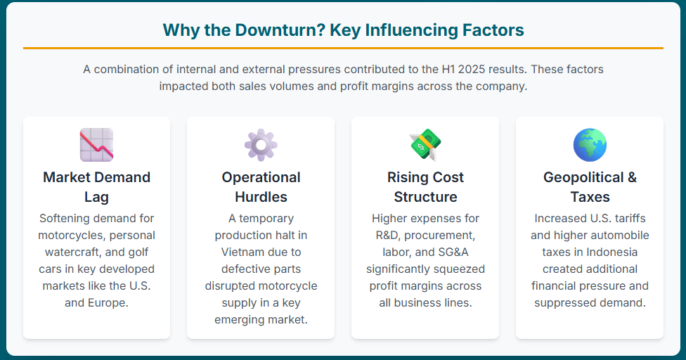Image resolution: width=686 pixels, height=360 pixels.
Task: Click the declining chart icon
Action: (x=97, y=145)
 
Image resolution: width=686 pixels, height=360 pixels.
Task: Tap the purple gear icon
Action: (x=261, y=145)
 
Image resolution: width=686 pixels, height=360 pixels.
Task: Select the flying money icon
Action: (x=425, y=145)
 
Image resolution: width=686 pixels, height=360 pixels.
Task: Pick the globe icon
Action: (x=590, y=145)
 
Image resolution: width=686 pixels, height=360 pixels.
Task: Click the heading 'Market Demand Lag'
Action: (x=97, y=187)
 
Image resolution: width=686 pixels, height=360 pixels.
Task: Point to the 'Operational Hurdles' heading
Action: (x=261, y=187)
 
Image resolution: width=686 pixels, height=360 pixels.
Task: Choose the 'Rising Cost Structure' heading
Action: (x=425, y=187)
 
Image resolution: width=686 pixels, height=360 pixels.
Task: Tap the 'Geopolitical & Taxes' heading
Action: (x=590, y=187)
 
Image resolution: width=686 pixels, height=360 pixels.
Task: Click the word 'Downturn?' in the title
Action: (x=280, y=30)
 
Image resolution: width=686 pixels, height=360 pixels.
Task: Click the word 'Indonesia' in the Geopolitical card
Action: (x=611, y=252)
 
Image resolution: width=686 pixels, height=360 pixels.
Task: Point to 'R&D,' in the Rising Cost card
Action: (x=389, y=236)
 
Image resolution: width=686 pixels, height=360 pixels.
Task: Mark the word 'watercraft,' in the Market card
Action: (x=73, y=252)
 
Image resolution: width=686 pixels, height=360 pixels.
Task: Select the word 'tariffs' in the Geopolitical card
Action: (x=630, y=218)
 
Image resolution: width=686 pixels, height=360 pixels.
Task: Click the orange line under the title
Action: (x=343, y=48)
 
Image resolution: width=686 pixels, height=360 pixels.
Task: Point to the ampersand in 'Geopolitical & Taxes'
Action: (x=632, y=177)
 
